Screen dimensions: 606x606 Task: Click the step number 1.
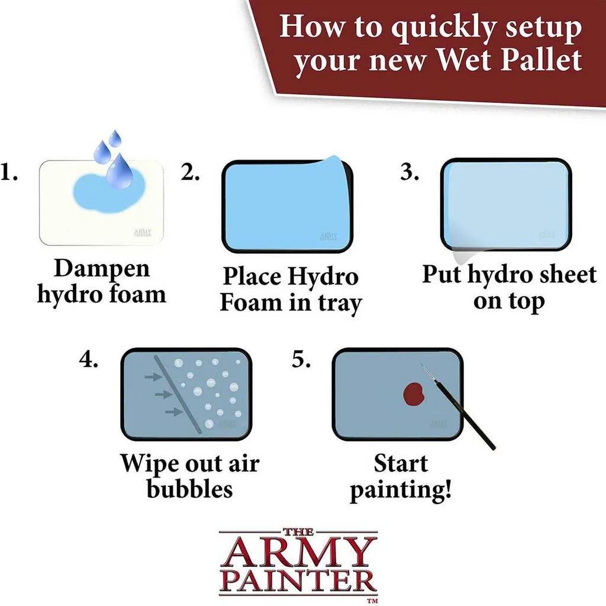pyautogui.click(x=8, y=172)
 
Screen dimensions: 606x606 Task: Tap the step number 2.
pyautogui.click(x=190, y=172)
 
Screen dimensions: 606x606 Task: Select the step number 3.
pyautogui.click(x=410, y=172)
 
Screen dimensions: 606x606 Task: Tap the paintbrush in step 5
pyautogui.click(x=458, y=406)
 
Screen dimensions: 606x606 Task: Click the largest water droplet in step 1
pyautogui.click(x=120, y=172)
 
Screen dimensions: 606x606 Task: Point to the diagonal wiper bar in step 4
pyautogui.click(x=178, y=394)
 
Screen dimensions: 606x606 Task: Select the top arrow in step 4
pyautogui.click(x=153, y=376)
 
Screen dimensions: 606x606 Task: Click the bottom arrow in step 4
pyautogui.click(x=175, y=412)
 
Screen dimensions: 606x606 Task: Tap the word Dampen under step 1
pyautogui.click(x=102, y=269)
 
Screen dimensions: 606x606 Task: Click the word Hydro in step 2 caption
pyautogui.click(x=323, y=277)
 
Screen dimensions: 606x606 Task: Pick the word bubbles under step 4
pyautogui.click(x=190, y=489)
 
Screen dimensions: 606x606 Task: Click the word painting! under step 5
pyautogui.click(x=401, y=490)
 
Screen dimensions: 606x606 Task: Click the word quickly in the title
pyautogui.click(x=444, y=28)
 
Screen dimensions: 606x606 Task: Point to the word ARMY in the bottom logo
pyautogui.click(x=298, y=553)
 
